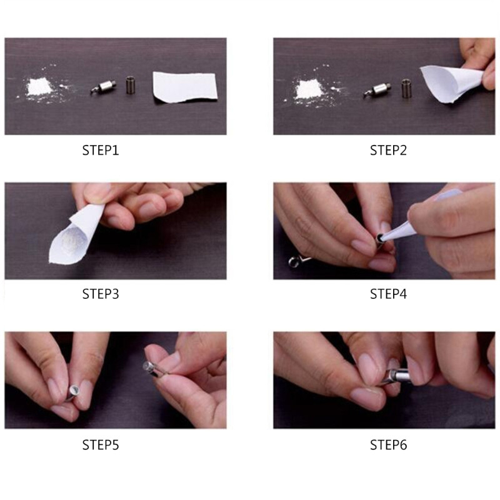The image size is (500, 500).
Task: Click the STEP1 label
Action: pyautogui.click(x=101, y=150)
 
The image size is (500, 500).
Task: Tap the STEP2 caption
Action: pyautogui.click(x=388, y=150)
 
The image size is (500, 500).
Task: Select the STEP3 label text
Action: pyautogui.click(x=101, y=294)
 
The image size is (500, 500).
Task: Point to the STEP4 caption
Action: pyautogui.click(x=388, y=294)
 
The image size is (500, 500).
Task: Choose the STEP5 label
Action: pyautogui.click(x=101, y=444)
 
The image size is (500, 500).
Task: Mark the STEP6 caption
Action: pyautogui.click(x=388, y=444)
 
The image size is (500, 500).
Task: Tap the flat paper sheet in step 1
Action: pyautogui.click(x=185, y=87)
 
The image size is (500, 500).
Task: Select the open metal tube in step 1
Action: pyautogui.click(x=130, y=84)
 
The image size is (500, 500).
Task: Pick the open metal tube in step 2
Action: pyautogui.click(x=406, y=88)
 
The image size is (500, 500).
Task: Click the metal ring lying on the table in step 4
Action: pyautogui.click(x=294, y=262)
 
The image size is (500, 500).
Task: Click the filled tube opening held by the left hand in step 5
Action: pyautogui.click(x=74, y=390)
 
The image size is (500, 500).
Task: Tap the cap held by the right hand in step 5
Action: pyautogui.click(x=152, y=369)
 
